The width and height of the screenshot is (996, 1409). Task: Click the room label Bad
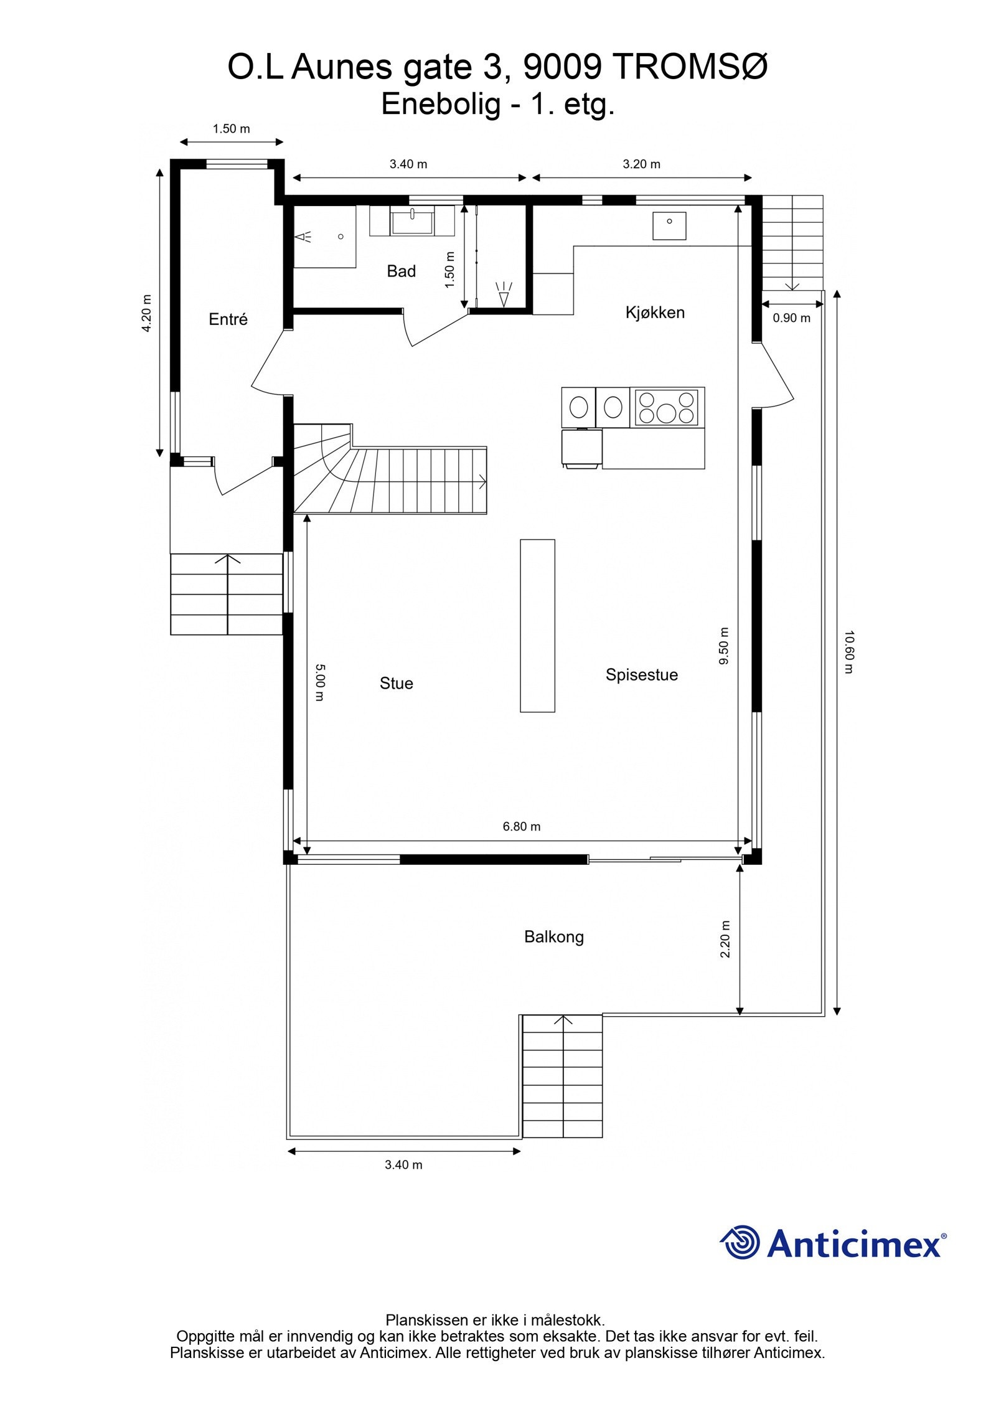click(x=401, y=271)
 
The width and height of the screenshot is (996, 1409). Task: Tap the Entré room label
click(x=228, y=319)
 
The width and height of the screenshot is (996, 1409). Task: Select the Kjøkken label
click(x=655, y=313)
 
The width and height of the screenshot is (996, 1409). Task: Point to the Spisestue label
click(x=641, y=675)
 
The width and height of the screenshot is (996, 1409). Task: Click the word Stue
click(x=396, y=684)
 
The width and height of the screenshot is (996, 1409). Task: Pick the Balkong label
click(x=553, y=937)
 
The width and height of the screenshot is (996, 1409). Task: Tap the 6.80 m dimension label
click(x=522, y=827)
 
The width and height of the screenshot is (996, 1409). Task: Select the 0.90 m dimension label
click(x=791, y=318)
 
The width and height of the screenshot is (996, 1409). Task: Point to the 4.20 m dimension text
click(x=147, y=313)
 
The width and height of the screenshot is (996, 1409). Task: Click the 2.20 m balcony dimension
click(x=725, y=940)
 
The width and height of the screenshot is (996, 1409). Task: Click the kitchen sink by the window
click(x=669, y=225)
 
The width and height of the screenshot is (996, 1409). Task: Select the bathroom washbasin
click(x=412, y=221)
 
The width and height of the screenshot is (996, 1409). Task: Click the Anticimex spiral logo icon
click(x=740, y=1242)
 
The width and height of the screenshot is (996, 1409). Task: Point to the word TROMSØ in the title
click(x=690, y=67)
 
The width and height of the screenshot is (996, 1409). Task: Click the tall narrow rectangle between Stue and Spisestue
click(x=537, y=625)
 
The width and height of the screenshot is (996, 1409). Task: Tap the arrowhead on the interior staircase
click(x=483, y=481)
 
